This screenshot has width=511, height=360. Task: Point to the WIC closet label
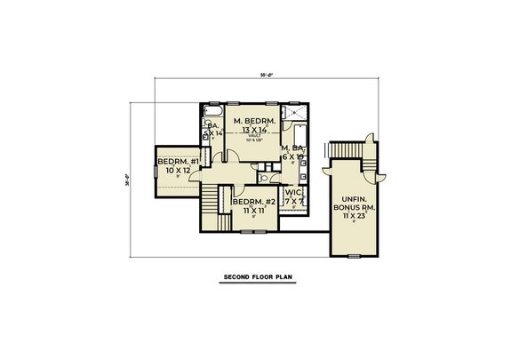click(292, 193)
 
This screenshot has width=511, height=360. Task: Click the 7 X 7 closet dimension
click(292, 202)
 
